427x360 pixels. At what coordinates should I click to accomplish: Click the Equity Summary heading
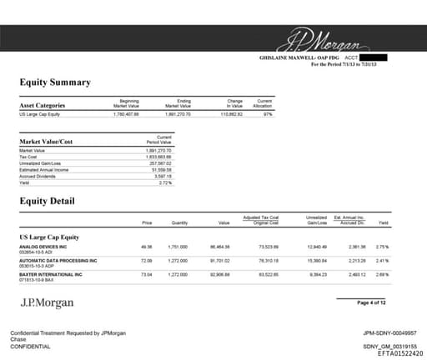pyautogui.click(x=55, y=82)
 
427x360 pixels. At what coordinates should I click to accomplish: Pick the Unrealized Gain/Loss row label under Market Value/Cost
pyautogui.click(x=43, y=162)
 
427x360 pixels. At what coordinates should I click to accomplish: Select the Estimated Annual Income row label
pyautogui.click(x=45, y=169)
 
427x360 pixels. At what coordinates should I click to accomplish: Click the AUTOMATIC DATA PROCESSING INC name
pyautogui.click(x=58, y=261)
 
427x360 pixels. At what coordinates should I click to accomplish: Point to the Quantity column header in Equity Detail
pyautogui.click(x=179, y=223)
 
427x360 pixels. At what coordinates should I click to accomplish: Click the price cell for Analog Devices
pyautogui.click(x=147, y=247)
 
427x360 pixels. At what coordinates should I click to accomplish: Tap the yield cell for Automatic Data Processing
pyautogui.click(x=383, y=261)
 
